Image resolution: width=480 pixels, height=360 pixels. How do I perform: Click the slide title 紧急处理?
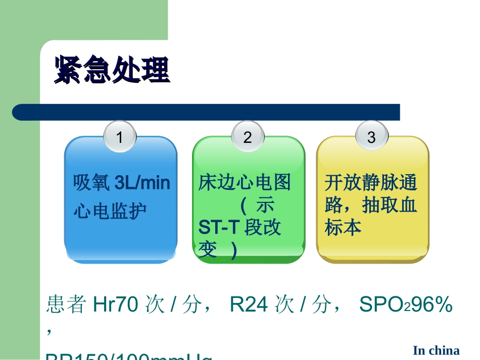tap(112, 69)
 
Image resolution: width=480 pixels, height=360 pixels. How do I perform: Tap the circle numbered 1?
tap(119, 137)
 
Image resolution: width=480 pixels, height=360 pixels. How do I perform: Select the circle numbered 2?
tap(248, 137)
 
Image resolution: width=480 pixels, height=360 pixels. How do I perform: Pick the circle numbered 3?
tap(371, 137)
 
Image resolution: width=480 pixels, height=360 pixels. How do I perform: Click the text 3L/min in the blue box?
tap(143, 183)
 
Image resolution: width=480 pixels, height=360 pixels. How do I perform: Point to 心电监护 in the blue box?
tap(110, 210)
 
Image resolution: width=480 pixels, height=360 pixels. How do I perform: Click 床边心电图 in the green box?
tap(245, 183)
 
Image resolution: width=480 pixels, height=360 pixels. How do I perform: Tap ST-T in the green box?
tap(218, 228)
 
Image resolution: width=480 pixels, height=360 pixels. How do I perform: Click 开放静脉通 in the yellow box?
tap(371, 183)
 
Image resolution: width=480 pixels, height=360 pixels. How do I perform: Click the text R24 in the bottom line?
tap(248, 305)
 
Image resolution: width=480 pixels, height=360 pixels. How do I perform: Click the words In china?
tap(436, 350)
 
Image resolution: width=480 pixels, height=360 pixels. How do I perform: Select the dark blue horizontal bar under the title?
tap(206, 112)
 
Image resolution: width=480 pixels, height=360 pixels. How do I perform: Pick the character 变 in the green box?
tap(208, 250)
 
